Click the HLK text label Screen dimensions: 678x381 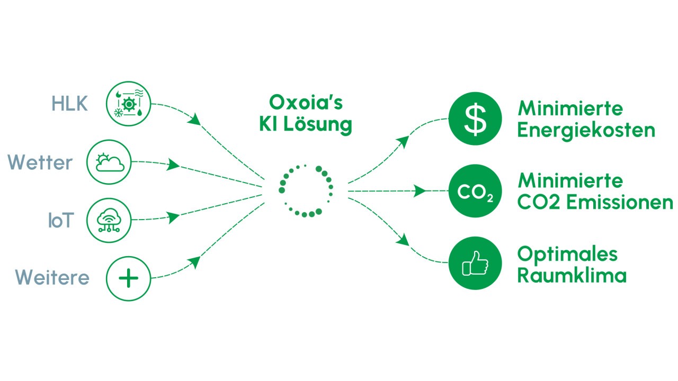[x=69, y=103]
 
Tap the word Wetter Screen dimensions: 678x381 [x=40, y=162]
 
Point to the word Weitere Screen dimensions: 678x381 [x=52, y=277]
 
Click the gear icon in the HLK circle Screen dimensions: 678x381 [x=129, y=104]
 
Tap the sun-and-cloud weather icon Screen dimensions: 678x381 [x=110, y=162]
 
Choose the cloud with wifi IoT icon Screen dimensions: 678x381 [x=109, y=220]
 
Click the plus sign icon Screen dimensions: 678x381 [x=128, y=278]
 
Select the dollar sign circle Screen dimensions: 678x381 [x=475, y=119]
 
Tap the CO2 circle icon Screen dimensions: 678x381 [x=475, y=191]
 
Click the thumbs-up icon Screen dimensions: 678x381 [x=475, y=263]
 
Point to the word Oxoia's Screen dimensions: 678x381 [x=306, y=102]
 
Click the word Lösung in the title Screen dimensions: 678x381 [x=318, y=124]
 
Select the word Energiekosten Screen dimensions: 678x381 [x=586, y=131]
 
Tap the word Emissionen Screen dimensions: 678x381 [x=620, y=202]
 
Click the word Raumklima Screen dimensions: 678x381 [x=572, y=275]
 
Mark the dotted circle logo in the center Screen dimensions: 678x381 [x=306, y=191]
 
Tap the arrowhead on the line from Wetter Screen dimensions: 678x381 [x=173, y=165]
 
